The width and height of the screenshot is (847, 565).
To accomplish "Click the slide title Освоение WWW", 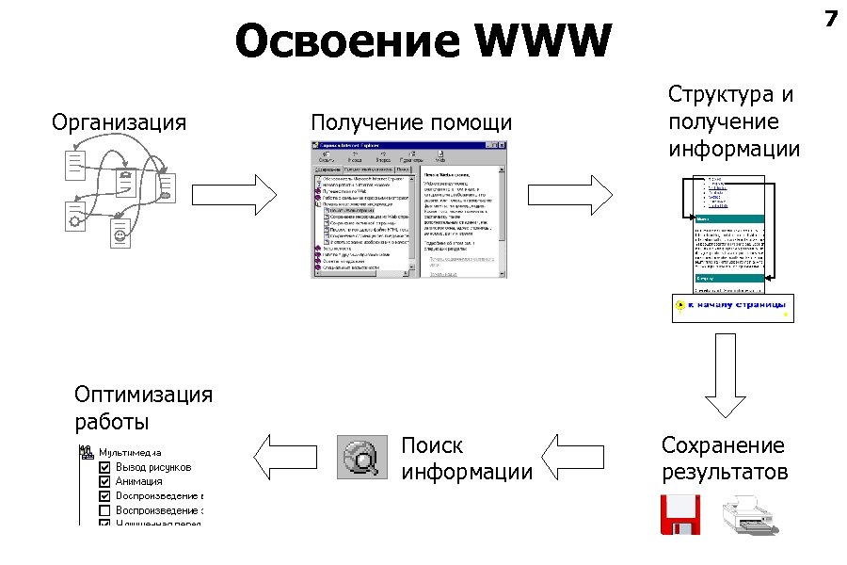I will click(423, 42).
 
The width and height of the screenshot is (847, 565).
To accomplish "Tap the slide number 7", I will click(830, 18).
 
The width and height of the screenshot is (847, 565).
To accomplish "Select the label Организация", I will click(119, 122).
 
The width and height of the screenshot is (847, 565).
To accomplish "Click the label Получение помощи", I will click(411, 122).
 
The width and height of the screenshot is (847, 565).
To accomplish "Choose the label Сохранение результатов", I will click(724, 458).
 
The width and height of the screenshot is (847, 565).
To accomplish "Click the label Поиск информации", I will click(466, 458).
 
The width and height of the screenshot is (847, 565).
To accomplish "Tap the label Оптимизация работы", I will click(143, 407).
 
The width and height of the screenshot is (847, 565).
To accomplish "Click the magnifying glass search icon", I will click(363, 458).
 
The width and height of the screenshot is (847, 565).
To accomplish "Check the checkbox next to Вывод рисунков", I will click(105, 467).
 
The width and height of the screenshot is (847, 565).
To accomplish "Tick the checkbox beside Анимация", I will click(105, 481).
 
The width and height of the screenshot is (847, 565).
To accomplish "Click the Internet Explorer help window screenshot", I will click(409, 209).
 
